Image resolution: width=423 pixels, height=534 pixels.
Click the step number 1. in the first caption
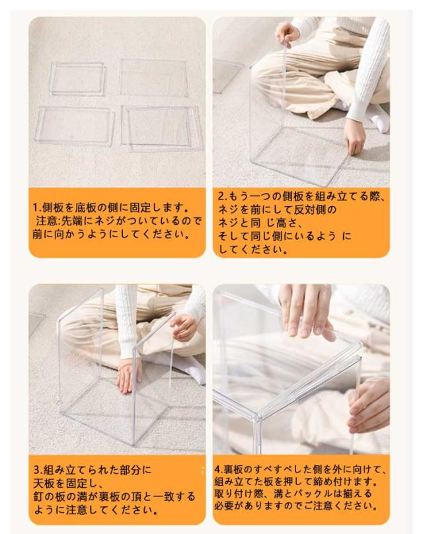pos(36,208)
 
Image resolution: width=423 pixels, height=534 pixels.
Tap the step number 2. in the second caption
pos(223,197)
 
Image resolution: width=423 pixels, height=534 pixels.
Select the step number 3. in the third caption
pos(38,471)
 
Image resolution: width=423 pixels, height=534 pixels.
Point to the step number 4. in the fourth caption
pos(218,470)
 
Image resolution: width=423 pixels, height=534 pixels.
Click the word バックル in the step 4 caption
pos(313,494)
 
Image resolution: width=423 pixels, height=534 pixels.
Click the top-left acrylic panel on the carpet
pos(77,79)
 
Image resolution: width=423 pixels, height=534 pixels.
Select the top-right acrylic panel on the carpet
pos(153,78)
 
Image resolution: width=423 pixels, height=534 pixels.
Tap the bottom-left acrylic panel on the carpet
pos(75,126)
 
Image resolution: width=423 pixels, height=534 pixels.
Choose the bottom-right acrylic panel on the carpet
pos(163,128)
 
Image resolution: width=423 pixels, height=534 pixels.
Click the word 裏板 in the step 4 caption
pos(233,470)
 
